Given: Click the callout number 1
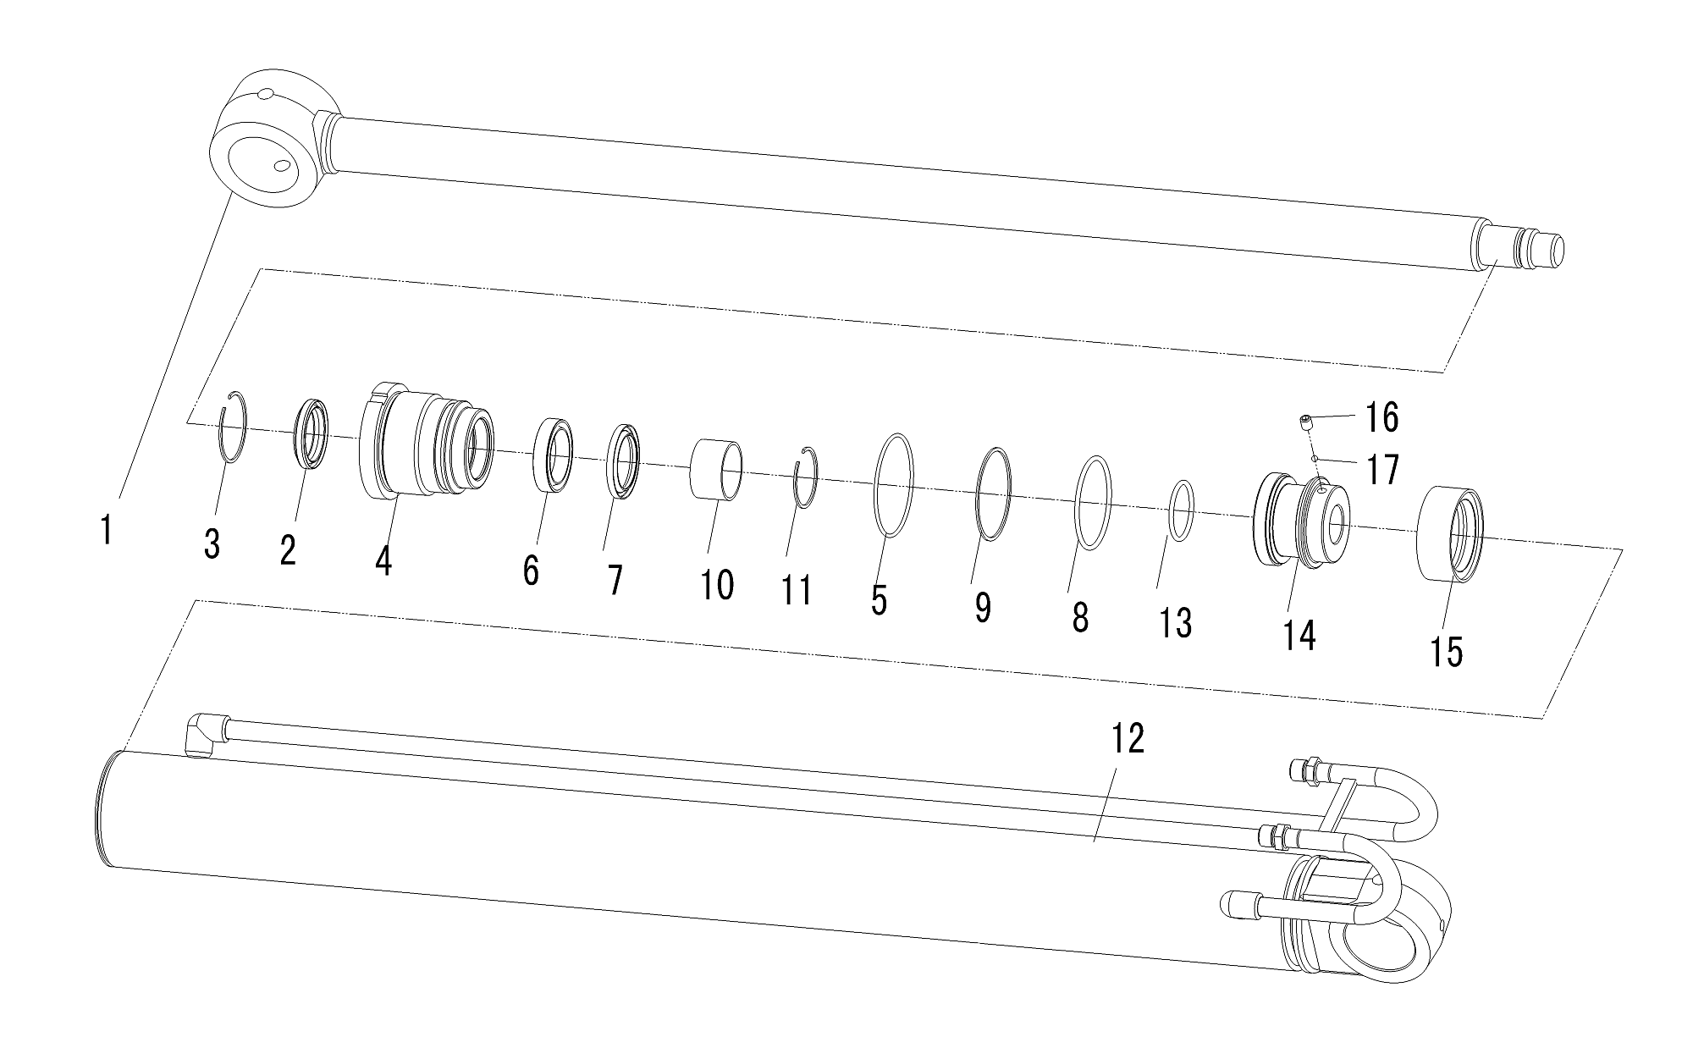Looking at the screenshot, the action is tap(106, 530).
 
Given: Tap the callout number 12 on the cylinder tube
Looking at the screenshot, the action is tap(1128, 739).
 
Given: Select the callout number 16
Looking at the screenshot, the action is tap(1381, 417).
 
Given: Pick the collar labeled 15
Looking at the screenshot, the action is tap(1451, 534).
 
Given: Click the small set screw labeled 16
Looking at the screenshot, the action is tap(1306, 421).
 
